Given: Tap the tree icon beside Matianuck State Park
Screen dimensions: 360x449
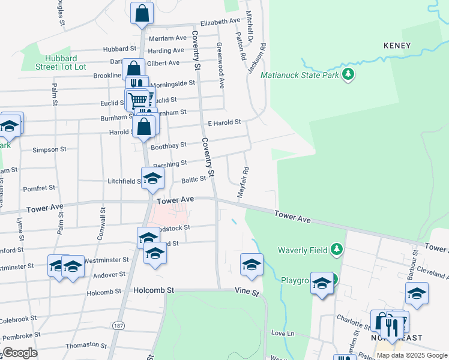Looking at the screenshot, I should (x=348, y=75).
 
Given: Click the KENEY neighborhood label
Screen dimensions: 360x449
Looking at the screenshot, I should (x=397, y=46).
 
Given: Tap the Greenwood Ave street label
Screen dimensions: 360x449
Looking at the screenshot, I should (x=220, y=66).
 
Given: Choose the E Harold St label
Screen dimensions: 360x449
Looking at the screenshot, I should (x=224, y=122).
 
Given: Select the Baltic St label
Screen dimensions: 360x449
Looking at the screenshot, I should (x=194, y=178).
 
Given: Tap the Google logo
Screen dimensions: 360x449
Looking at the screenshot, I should (x=20, y=353).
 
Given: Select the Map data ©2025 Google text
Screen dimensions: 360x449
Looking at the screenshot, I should (x=412, y=355).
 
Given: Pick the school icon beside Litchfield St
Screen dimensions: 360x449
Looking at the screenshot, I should (x=152, y=178).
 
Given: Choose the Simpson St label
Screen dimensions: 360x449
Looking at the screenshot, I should (x=49, y=149).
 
